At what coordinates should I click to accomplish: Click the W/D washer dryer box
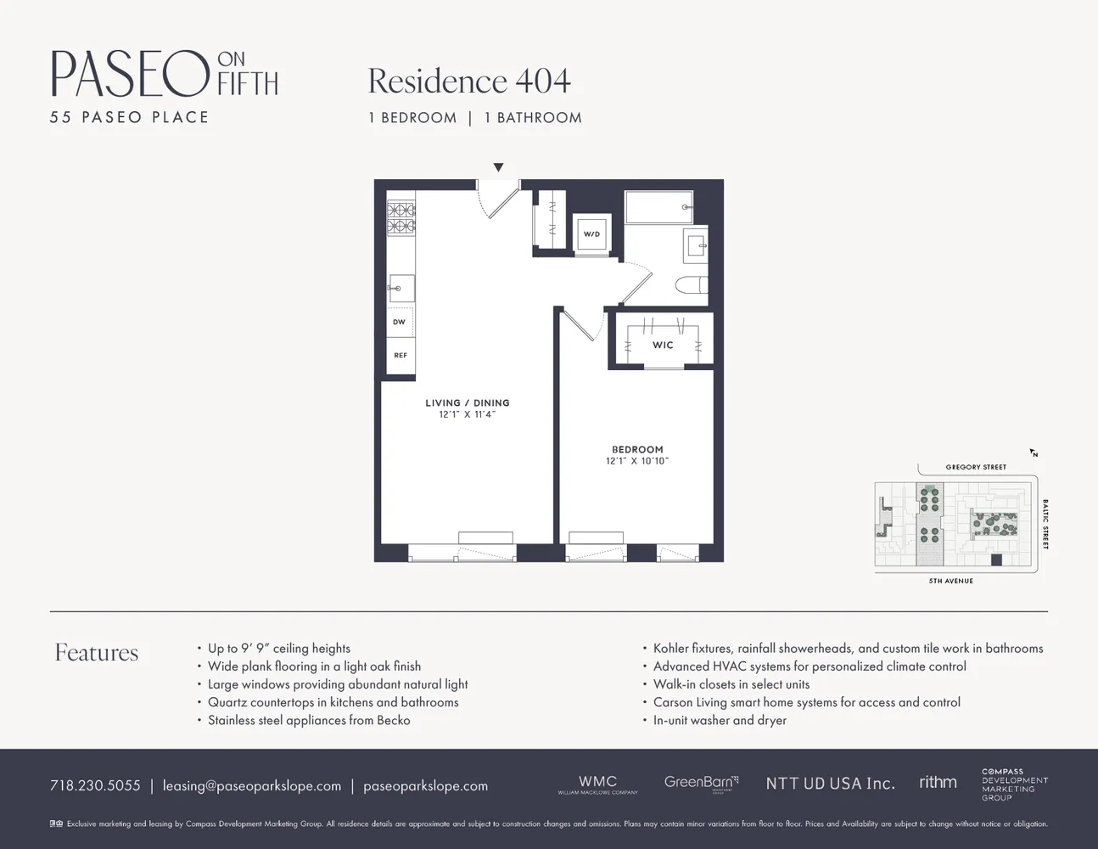tap(591, 233)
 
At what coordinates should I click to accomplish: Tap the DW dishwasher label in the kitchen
tap(399, 323)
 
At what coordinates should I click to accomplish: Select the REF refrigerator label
tap(400, 356)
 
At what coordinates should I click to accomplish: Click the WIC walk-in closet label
tap(663, 346)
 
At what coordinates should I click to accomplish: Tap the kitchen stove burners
tap(401, 217)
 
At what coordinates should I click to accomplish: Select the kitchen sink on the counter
tap(401, 288)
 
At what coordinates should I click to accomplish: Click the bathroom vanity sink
tap(697, 247)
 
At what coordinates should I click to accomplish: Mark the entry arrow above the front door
tap(498, 168)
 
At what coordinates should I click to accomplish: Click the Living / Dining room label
tap(468, 403)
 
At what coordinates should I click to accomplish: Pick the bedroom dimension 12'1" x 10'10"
tap(637, 461)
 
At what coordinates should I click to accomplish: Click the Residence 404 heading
tap(469, 82)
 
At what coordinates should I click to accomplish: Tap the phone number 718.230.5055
tap(95, 785)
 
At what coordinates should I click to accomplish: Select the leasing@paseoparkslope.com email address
tap(252, 785)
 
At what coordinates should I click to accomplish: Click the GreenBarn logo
tap(701, 782)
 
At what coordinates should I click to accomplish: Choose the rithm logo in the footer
tap(938, 782)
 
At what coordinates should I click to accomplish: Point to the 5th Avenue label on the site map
tap(950, 581)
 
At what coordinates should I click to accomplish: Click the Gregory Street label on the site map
tap(976, 467)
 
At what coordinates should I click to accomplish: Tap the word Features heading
tap(97, 653)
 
